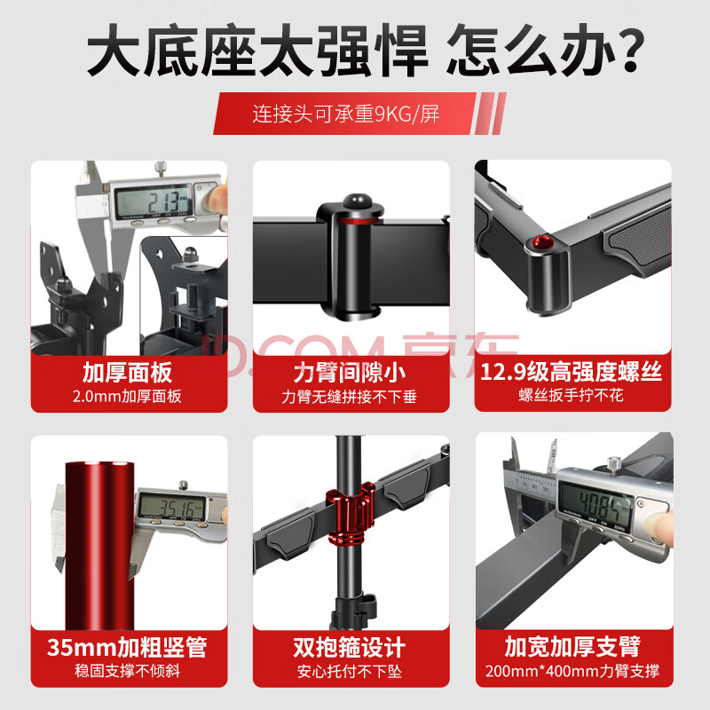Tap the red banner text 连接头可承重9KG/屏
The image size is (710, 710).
(x=346, y=114)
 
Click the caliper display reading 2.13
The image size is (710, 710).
(x=154, y=202)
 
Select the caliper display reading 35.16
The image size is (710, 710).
(x=174, y=506)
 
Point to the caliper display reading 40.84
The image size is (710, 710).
(x=596, y=501)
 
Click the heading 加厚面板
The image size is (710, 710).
(x=127, y=373)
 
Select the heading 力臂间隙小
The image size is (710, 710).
(x=350, y=373)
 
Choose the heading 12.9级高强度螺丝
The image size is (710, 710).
(x=571, y=372)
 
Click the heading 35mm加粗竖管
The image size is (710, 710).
(x=127, y=647)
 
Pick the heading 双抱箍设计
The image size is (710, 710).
(x=349, y=648)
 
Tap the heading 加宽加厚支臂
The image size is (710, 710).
(x=572, y=647)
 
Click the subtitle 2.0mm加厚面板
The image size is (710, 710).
(x=127, y=396)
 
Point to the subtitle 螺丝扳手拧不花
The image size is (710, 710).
(x=571, y=395)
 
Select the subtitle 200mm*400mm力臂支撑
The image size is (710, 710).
(x=572, y=671)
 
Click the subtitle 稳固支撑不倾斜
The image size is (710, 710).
(x=127, y=671)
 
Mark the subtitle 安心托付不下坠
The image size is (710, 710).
(x=350, y=671)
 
